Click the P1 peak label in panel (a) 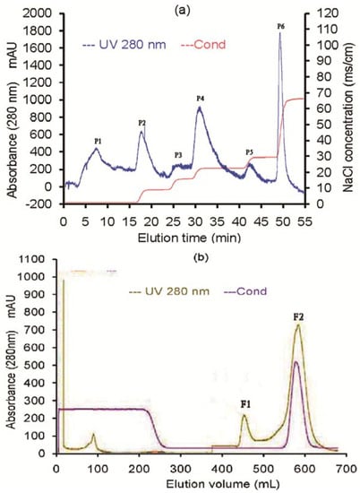click(x=98, y=141)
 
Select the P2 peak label click(x=141, y=122)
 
